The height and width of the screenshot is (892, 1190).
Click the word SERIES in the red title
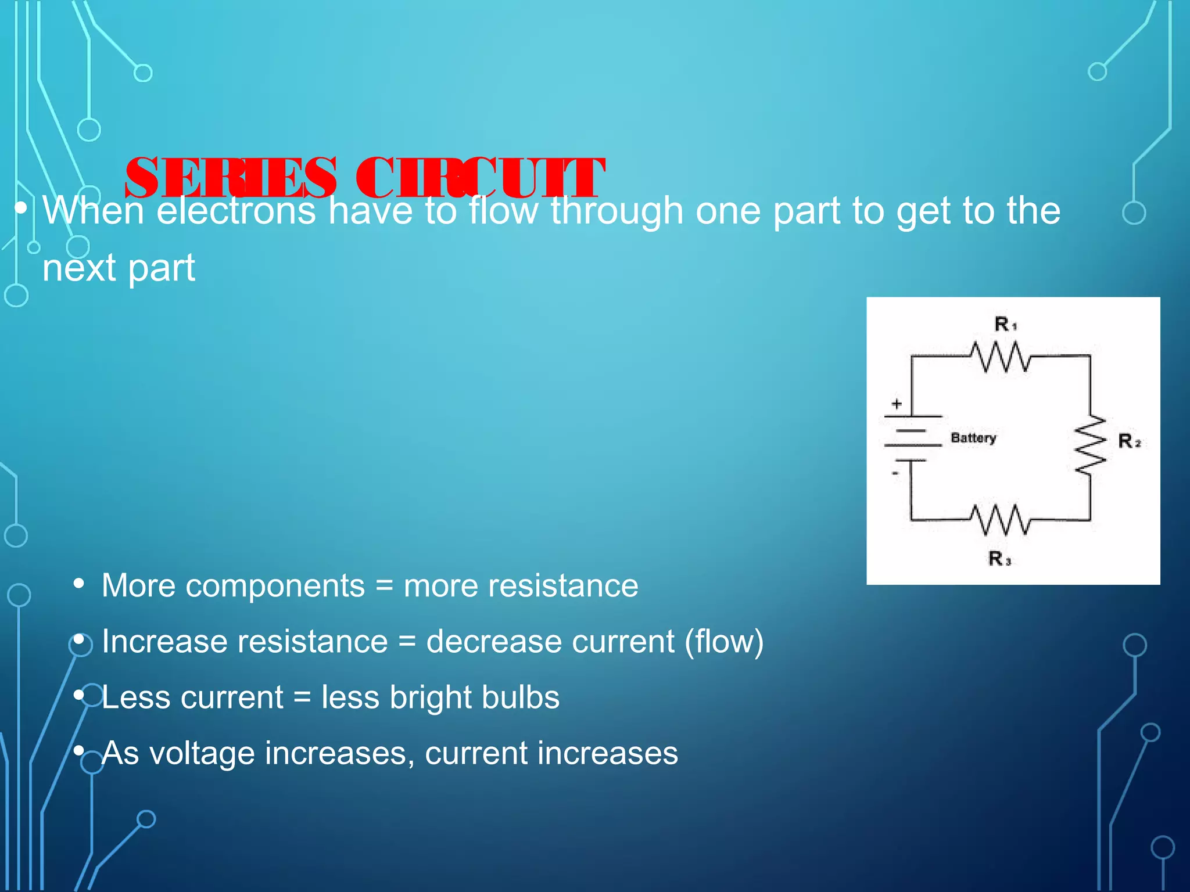pos(230,178)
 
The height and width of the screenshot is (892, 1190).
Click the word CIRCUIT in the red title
pos(480,178)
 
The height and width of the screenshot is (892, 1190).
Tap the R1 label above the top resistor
pos(1005,324)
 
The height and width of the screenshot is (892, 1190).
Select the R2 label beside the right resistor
pos(1129,441)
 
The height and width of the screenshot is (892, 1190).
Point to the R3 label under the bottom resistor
pos(999,559)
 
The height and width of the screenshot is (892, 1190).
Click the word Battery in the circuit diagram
pos(973,438)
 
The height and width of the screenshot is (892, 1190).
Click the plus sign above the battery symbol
pos(897,404)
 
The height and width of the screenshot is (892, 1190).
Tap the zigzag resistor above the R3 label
pos(1001,519)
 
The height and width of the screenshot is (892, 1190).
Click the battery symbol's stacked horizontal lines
pos(913,438)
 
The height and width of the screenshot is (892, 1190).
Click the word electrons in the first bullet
pos(236,210)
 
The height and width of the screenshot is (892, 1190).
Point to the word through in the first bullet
pos(616,210)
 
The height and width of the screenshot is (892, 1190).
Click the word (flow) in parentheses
pos(724,642)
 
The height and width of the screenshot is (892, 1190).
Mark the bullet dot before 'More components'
pos(79,583)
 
